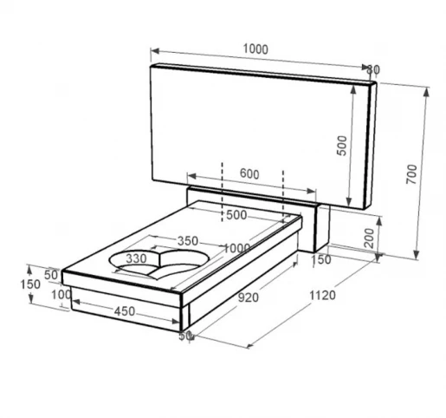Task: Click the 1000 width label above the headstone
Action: [x=255, y=49]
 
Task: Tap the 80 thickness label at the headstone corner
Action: [x=373, y=69]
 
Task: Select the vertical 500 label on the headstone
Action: [x=342, y=146]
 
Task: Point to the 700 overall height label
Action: [x=411, y=174]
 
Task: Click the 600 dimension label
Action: [x=249, y=174]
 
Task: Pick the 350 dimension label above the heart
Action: [x=188, y=241]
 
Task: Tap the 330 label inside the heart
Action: [x=136, y=258]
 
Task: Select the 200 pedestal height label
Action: [x=369, y=238]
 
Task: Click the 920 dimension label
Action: [x=249, y=297]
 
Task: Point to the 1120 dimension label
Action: [x=322, y=296]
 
